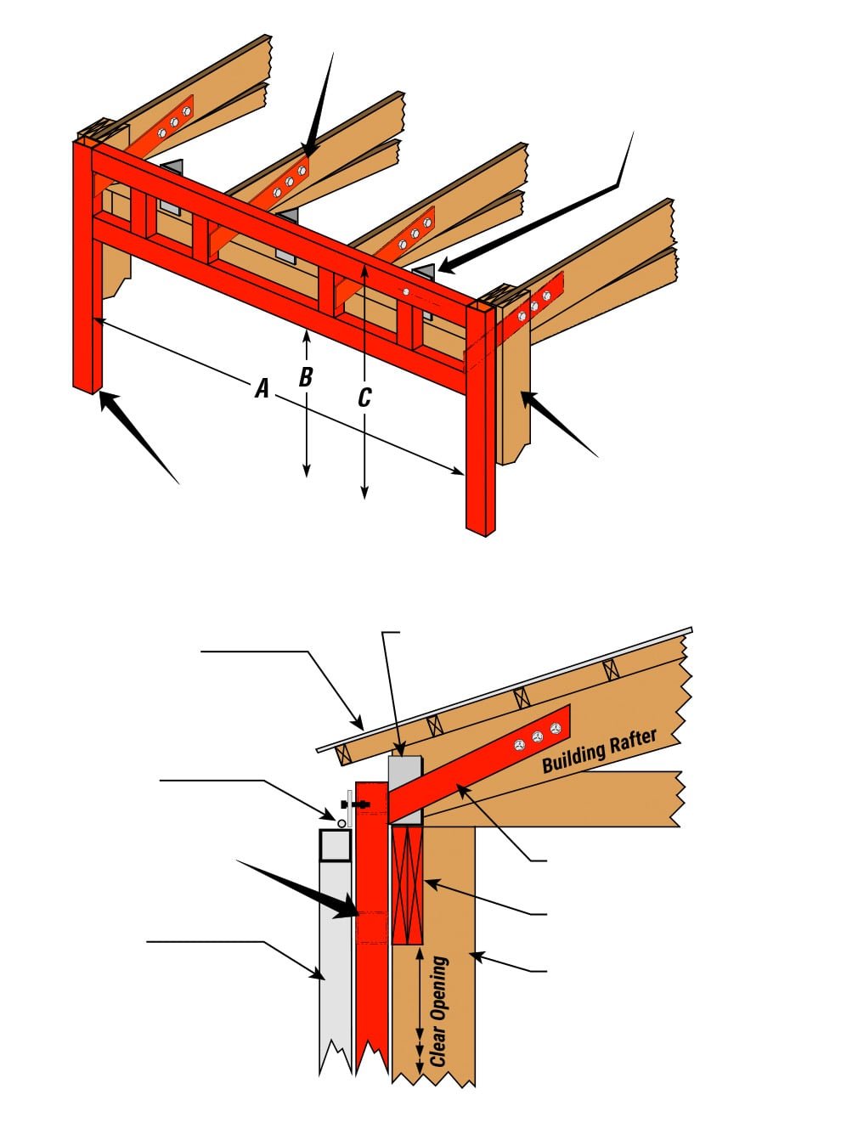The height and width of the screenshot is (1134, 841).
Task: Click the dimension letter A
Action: click(262, 389)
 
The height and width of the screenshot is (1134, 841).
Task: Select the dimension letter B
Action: click(306, 376)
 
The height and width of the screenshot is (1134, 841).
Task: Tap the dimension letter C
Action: click(364, 397)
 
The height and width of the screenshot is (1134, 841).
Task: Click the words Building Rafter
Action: click(599, 751)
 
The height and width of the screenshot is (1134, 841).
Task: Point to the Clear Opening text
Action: click(437, 1011)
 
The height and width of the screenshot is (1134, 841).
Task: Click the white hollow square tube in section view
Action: click(336, 846)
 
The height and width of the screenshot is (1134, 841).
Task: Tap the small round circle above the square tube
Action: click(341, 823)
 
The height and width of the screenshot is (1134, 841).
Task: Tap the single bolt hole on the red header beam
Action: click(407, 293)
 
